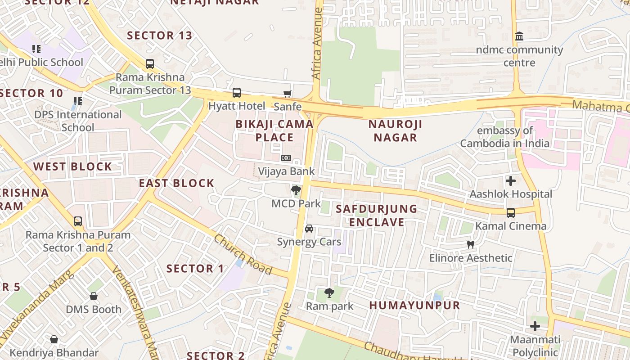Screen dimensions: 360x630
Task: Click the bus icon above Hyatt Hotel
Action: click(236, 93)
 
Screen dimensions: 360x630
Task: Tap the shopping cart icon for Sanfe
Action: click(287, 94)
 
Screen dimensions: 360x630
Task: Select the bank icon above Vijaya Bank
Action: click(286, 158)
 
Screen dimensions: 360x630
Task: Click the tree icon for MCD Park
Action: click(296, 190)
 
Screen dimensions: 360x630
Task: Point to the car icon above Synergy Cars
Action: click(309, 229)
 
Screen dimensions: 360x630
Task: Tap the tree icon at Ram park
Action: click(329, 293)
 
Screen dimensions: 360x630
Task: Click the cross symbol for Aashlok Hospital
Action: click(511, 181)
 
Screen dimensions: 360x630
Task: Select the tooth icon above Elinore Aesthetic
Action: click(471, 245)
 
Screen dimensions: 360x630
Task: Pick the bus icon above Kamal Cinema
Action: click(511, 213)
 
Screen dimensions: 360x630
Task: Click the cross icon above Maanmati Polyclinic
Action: click(535, 326)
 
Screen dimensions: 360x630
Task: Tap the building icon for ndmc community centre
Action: click(519, 36)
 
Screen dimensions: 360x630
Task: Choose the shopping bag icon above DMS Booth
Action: click(94, 296)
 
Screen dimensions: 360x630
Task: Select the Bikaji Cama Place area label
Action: click(274, 130)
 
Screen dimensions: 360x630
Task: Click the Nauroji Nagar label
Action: click(395, 130)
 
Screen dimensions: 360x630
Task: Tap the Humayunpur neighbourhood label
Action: click(414, 305)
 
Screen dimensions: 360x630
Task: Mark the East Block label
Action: click(176, 183)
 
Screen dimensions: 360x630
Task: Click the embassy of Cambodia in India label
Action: click(504, 137)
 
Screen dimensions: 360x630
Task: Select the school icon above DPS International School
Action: click(78, 101)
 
